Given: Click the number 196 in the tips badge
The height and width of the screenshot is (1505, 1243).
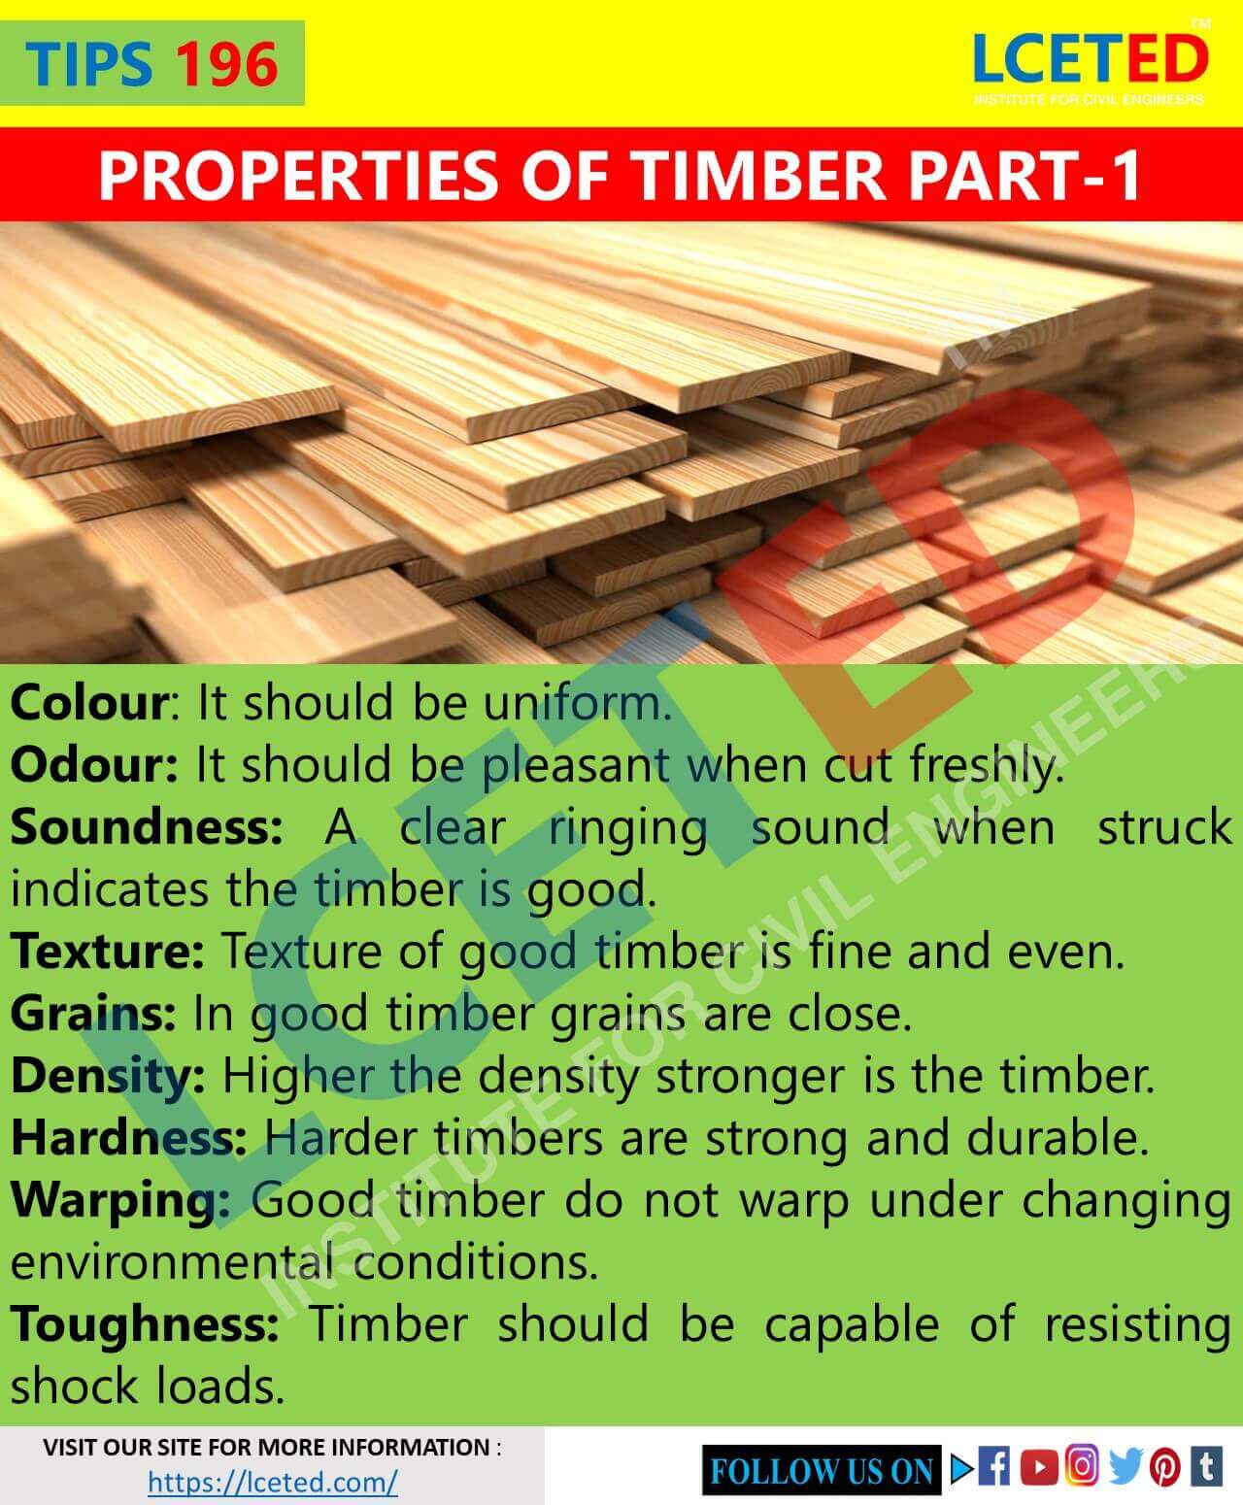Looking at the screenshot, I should tap(227, 64).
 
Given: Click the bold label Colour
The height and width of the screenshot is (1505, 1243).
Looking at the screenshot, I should tap(89, 702).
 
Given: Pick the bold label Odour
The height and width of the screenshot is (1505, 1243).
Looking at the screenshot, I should tap(93, 765).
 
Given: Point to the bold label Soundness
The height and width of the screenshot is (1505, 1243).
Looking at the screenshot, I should tap(146, 827).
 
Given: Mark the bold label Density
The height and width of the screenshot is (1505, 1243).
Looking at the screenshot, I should tap(107, 1076).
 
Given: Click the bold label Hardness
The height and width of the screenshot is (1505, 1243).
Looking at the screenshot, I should tap(128, 1138).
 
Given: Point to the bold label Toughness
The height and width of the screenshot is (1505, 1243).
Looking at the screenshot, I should tap(144, 1324).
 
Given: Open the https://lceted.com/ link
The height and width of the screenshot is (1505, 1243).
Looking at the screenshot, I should tap(273, 1482).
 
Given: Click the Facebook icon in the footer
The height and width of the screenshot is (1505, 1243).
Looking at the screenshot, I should tap(993, 1466).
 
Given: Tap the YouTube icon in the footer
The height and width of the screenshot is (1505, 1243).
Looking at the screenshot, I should tap(1039, 1466).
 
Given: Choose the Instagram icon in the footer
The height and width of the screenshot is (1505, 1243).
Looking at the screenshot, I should tap(1082, 1465).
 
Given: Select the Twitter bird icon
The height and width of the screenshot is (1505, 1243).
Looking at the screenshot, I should tap(1125, 1466).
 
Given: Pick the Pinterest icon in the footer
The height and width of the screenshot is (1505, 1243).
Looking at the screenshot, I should tap(1165, 1467).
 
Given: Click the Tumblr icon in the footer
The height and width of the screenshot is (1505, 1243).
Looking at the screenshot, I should tap(1206, 1466).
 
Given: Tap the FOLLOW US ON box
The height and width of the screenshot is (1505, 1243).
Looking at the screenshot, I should tap(822, 1470).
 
